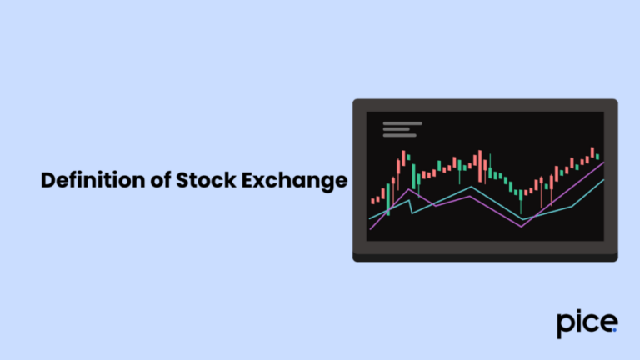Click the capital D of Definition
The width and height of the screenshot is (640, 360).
point(48,181)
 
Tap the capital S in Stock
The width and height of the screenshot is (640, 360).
point(181,181)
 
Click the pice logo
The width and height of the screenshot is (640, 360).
point(587,322)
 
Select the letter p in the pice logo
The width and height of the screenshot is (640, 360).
point(565,324)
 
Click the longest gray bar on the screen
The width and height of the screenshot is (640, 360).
point(402,123)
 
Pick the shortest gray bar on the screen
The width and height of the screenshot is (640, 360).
point(396,129)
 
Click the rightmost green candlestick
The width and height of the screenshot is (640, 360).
point(597,157)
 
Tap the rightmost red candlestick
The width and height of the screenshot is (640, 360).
point(592,152)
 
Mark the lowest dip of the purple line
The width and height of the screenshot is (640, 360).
point(522,226)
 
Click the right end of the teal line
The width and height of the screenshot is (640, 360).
point(603,179)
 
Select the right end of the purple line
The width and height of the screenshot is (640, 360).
point(603,162)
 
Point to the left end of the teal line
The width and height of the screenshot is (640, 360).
point(370,219)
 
